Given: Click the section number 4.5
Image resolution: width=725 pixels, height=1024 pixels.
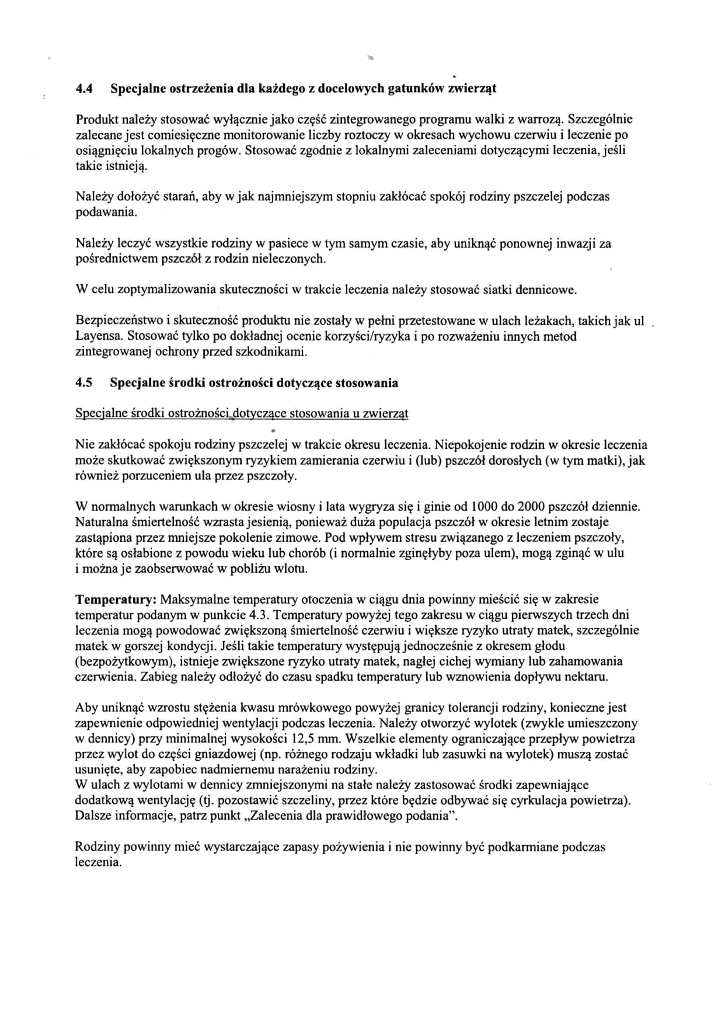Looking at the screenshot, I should tap(83, 383).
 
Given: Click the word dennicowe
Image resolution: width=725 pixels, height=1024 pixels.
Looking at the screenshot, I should tap(547, 290).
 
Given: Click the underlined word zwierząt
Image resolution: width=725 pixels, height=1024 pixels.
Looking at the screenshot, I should tap(385, 414).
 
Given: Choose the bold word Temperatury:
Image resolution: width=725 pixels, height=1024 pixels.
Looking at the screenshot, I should tap(116, 600).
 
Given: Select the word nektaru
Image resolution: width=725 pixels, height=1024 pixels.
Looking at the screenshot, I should tap(587, 677).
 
